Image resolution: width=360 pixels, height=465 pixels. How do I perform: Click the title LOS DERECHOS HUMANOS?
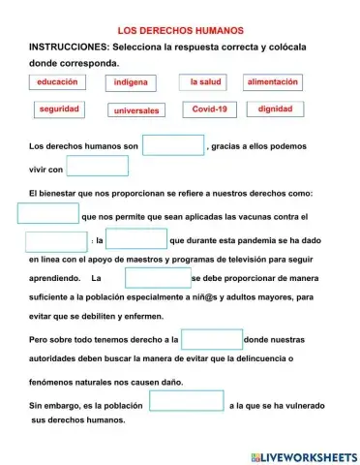pos(180,30)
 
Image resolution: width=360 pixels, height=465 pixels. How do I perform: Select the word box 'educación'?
pos(56,84)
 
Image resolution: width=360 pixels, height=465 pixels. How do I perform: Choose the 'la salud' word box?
pos(205,83)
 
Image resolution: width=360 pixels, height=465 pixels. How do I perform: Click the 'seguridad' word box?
pos(58,109)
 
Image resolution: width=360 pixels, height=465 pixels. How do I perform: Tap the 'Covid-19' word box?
pos(209,109)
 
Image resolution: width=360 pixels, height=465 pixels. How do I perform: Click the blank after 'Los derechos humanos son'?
pos(174,145)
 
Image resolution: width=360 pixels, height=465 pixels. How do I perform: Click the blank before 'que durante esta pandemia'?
pos(136,238)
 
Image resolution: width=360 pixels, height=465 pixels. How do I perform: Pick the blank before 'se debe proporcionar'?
pos(158,278)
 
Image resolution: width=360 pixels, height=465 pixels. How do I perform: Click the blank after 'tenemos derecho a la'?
pos(212,340)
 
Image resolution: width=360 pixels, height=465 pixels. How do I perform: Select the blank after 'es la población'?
pos(187,401)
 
